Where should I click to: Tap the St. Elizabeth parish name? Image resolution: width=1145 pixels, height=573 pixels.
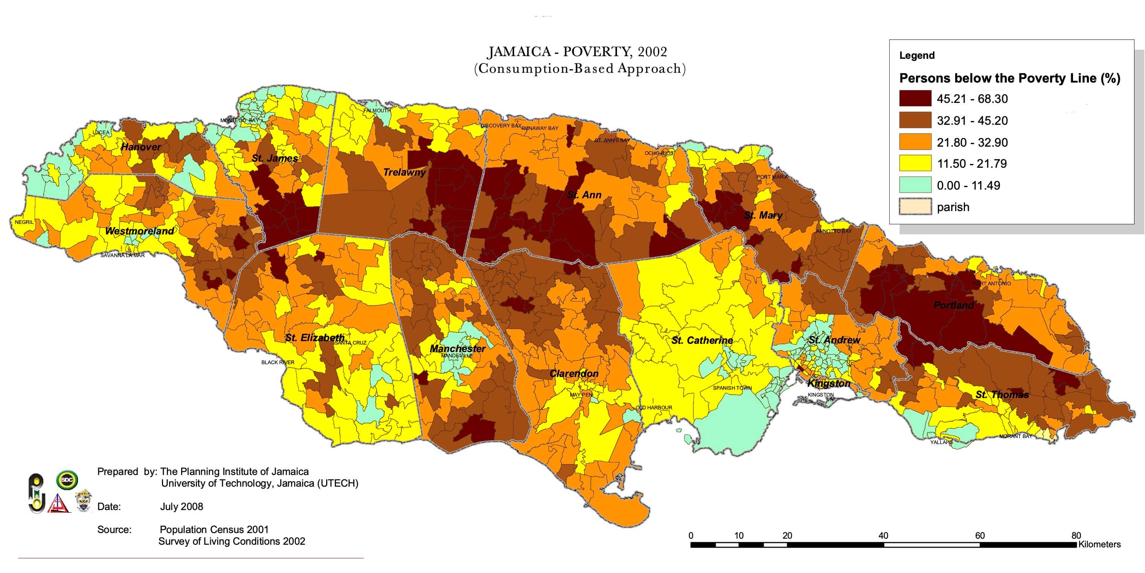pos(314,338)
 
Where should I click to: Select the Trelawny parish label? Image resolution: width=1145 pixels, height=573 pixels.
pos(404,172)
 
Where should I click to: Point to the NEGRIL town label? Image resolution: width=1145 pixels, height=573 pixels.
pos(24,222)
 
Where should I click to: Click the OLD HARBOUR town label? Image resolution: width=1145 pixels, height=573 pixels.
pos(653,408)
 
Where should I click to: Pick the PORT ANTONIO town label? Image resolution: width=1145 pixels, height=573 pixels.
pos(991,283)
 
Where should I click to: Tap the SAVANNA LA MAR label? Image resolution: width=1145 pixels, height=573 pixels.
pos(122,255)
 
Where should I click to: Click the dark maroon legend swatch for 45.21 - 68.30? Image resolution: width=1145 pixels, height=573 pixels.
pos(915,98)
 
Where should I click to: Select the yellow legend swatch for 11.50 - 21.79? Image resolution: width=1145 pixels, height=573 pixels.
pos(915,163)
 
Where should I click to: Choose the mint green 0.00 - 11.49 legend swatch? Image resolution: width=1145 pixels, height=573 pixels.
pos(915,185)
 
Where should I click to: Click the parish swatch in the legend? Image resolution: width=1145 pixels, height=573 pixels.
pos(915,207)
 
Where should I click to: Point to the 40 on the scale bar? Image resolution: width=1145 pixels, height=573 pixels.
pos(883,536)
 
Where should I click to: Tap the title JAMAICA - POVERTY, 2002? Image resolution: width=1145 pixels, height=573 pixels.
pos(577,52)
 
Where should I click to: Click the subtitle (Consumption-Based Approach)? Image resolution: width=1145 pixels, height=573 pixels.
pos(580,69)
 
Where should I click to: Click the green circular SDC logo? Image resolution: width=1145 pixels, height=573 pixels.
pos(67,480)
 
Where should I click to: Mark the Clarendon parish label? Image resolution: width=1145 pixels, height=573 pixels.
pos(574,374)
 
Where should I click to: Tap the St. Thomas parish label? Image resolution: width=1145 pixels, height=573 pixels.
pos(1002,395)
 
